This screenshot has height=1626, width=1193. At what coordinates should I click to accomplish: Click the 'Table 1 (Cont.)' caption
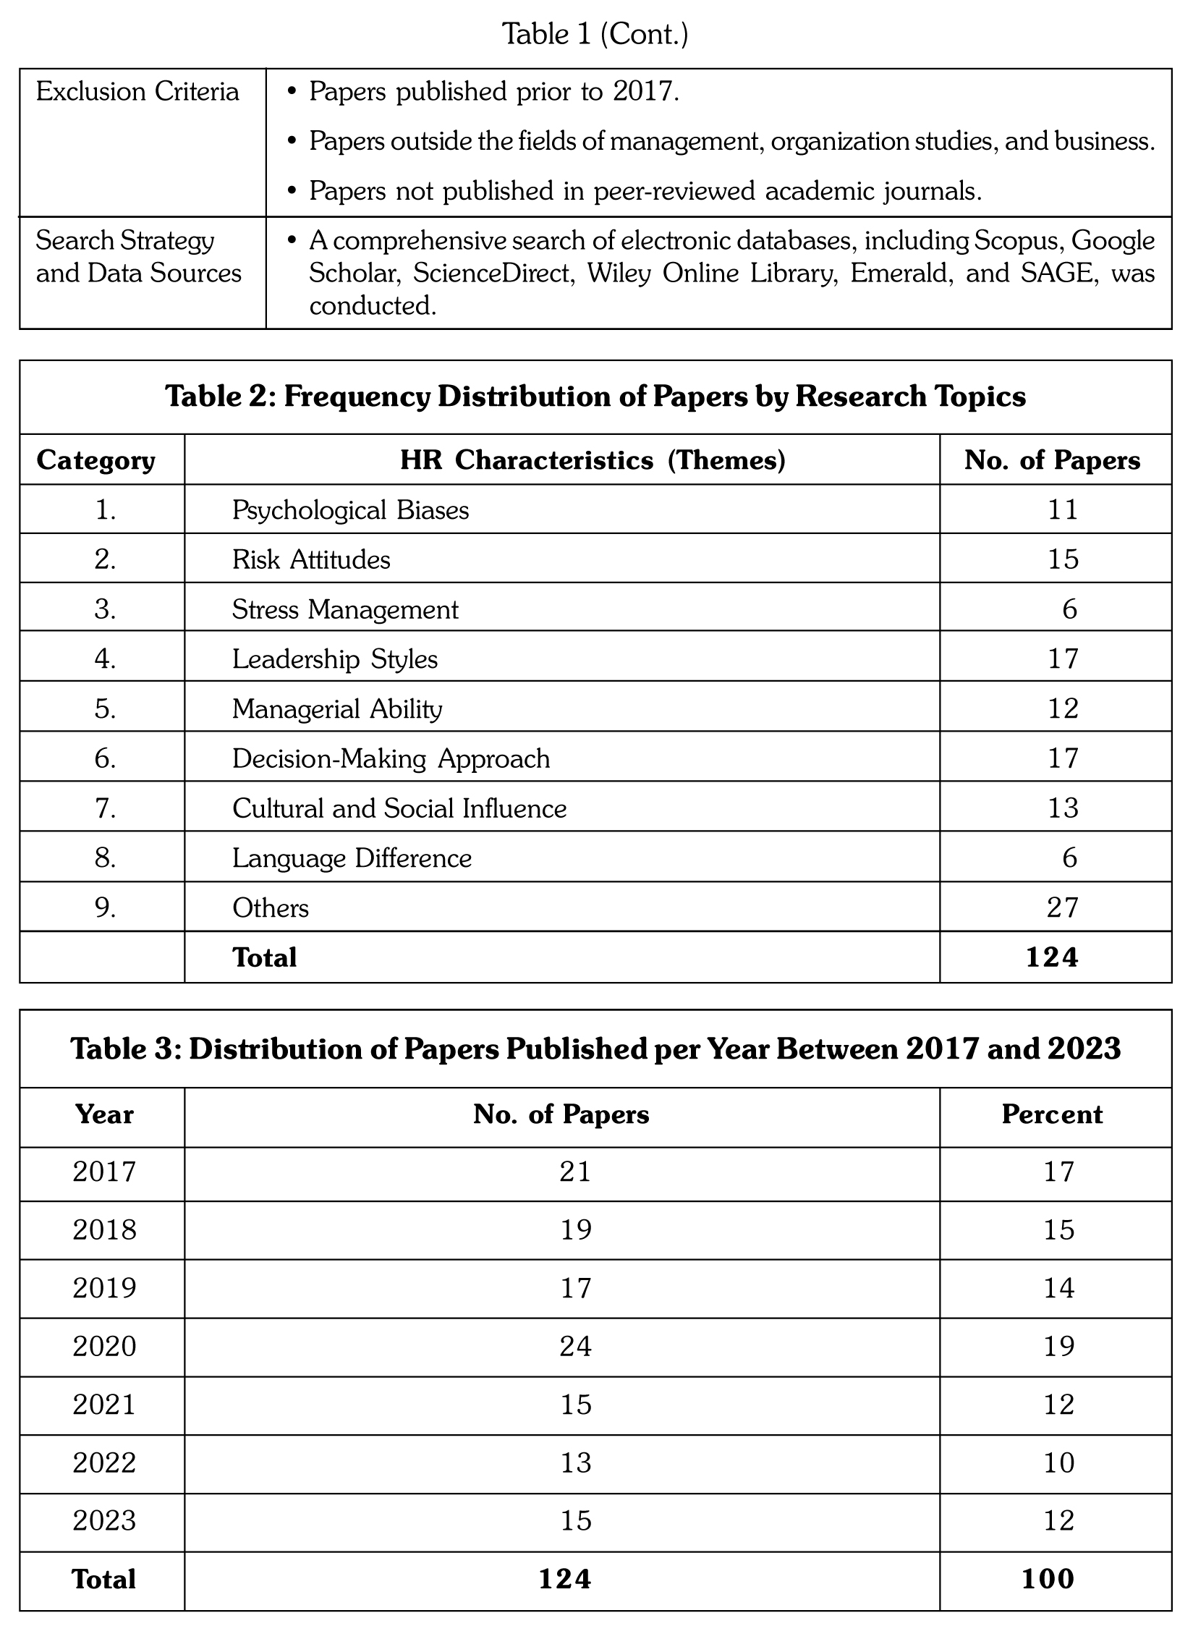point(595,34)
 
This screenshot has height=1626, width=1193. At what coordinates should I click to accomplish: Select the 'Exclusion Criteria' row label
point(137,92)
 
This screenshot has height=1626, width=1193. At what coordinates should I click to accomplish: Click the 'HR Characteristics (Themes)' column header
point(593,460)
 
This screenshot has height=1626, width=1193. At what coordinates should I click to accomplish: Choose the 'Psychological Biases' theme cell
point(350,510)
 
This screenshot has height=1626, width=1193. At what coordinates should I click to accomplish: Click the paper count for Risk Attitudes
point(1063,559)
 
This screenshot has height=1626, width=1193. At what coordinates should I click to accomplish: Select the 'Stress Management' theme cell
point(345,609)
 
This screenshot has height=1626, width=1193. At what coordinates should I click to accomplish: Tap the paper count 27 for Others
point(1062,907)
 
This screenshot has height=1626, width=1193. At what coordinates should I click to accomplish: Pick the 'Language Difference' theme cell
point(352,858)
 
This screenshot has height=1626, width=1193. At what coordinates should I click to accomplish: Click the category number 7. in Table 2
point(106,808)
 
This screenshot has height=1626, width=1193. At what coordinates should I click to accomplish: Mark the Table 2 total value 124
point(1052,957)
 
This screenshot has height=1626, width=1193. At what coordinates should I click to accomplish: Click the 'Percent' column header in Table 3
point(1052,1114)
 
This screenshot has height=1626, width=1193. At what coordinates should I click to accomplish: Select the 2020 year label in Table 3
point(104,1347)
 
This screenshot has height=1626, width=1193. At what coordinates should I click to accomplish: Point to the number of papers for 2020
point(575,1347)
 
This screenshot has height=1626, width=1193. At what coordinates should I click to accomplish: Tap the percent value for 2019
point(1058,1288)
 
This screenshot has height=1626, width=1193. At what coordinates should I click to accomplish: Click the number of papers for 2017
point(575,1172)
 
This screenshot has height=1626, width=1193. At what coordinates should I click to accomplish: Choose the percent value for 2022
point(1058,1463)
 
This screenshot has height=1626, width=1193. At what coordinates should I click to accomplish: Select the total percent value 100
point(1048,1579)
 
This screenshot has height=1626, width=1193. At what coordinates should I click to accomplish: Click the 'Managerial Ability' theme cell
point(337,708)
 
